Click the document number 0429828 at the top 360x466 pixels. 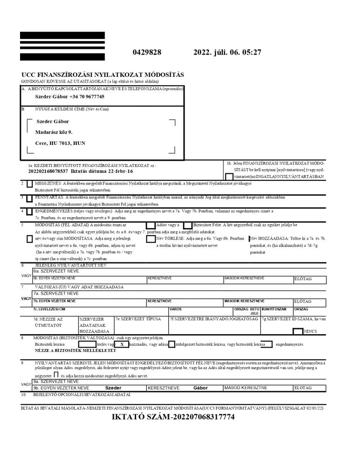(147, 53)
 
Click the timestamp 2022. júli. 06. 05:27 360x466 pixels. (227, 53)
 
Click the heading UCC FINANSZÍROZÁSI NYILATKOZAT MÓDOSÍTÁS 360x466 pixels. (103, 75)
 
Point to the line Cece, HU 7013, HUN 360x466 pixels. (60, 143)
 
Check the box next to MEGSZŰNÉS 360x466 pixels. (30, 185)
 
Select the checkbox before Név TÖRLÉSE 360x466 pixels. (150, 239)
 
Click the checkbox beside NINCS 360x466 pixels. (297, 332)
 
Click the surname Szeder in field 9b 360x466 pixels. (113, 388)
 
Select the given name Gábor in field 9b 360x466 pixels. (200, 388)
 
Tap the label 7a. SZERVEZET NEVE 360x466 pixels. (56, 294)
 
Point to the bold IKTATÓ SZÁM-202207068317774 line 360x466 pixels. (173, 417)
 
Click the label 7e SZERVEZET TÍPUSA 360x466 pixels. (138, 319)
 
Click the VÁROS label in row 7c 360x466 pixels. (175, 309)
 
